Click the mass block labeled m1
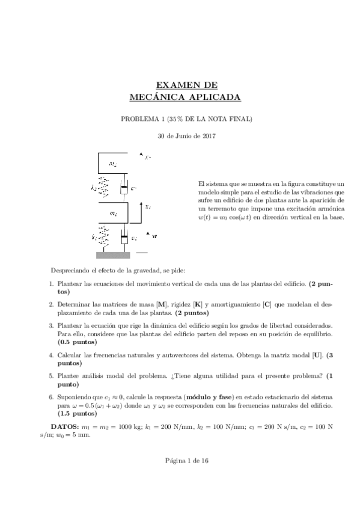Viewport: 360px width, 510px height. pyautogui.click(x=114, y=214)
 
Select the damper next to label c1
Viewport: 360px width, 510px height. pyautogui.click(x=124, y=239)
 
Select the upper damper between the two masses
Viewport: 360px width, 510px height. pyautogui.click(x=124, y=188)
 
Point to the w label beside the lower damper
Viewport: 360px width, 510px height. pyautogui.click(x=155, y=237)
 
